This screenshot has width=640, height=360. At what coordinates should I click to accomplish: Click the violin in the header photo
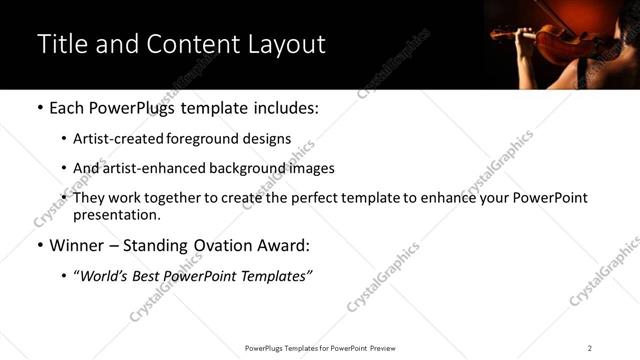coord(560,42)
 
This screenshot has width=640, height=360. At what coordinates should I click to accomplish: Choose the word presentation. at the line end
coord(116,215)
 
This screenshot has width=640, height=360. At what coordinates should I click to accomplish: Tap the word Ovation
coord(225,245)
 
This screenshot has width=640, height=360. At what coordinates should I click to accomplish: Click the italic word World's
coord(104,275)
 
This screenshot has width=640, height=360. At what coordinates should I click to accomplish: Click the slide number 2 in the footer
coord(589,348)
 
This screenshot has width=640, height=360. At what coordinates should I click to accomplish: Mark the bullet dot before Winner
coord(39,246)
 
